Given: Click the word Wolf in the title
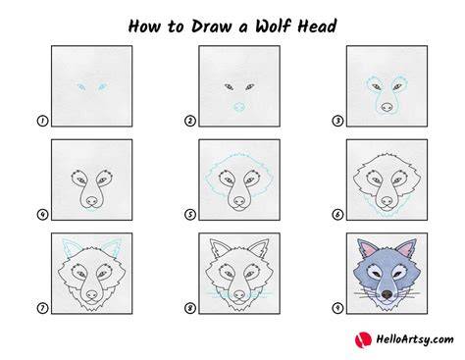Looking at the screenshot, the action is pos(273,26).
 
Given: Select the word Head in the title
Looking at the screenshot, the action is pos(317,26).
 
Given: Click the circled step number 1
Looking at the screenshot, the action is pos(42,121).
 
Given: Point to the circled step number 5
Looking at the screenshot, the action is pos(190,215).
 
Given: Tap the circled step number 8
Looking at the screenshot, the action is pos(190,308).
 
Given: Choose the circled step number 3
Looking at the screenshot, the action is pos(337,121).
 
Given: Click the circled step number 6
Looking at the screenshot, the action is pos(337,215).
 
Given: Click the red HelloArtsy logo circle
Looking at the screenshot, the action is pos(363,340).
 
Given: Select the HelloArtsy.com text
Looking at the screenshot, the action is pos(415,339).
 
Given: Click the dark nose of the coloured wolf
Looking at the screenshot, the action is pos(387,294).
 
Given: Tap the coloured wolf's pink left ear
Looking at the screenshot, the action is pos(364,250).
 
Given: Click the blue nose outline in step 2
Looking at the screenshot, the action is pos(239,107).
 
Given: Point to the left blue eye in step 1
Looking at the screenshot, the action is pos(80,86).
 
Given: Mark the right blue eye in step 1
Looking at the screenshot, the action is pos(102,86).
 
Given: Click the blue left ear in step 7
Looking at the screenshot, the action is pos(69,248).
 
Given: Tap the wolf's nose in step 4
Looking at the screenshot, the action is pos(92,200).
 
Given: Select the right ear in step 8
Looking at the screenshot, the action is pos(260,249).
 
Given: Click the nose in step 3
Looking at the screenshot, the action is pos(387,107).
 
